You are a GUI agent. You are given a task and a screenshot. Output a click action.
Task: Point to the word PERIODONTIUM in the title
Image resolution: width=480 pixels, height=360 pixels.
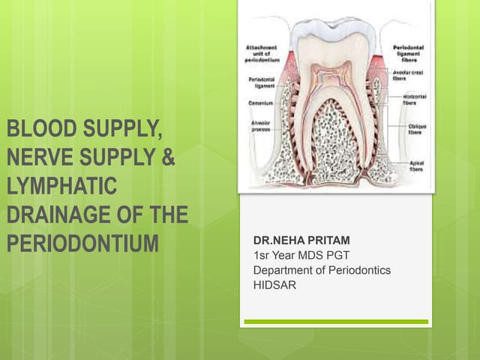click(84, 244)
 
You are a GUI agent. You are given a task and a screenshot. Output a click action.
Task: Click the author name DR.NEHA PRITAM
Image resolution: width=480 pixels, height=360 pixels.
click(302, 241)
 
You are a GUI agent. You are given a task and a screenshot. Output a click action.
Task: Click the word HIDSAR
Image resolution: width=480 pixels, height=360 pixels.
click(276, 285)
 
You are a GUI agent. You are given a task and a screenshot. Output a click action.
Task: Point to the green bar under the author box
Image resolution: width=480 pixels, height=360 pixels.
click(335, 322)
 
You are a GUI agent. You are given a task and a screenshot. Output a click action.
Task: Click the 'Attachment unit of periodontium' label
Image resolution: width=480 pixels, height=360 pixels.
click(263, 53)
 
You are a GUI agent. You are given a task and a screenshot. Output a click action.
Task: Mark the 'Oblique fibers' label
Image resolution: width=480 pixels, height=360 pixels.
click(417, 129)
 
